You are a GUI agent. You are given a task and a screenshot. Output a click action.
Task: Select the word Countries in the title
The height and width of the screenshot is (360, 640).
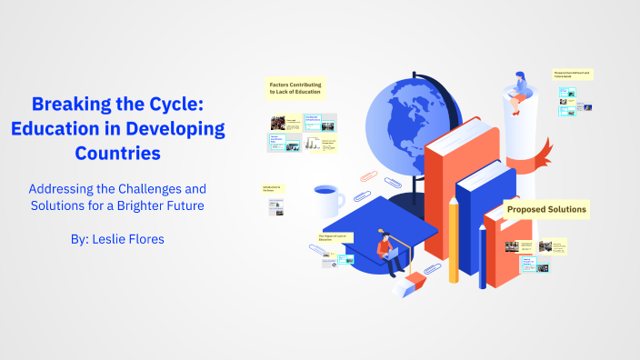pos(118,154)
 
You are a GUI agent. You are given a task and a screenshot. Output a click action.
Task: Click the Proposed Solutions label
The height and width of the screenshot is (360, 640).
pos(546,210)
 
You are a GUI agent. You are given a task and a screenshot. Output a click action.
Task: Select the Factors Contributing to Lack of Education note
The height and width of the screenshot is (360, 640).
pos(295,88)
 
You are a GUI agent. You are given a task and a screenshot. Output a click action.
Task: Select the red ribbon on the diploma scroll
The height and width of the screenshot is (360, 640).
pos(544,150)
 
